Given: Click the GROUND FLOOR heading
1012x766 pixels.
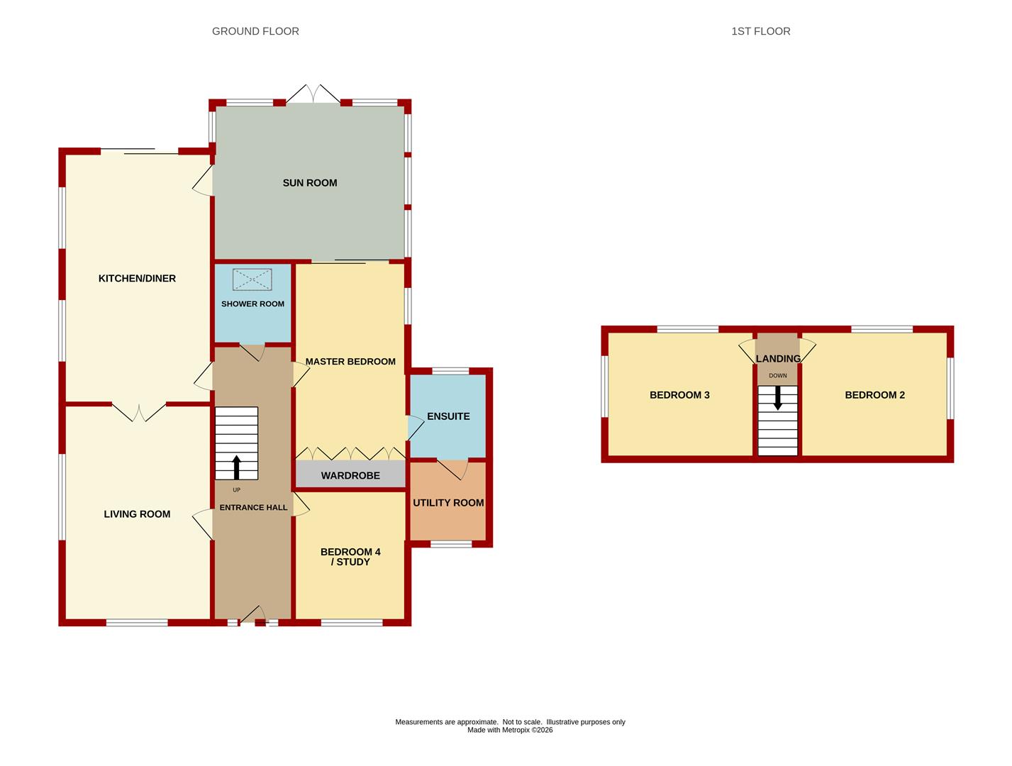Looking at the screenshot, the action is click(x=255, y=31).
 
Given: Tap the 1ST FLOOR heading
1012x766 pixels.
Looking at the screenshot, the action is click(x=761, y=31).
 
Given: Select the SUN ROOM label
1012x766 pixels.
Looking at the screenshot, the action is click(x=310, y=183).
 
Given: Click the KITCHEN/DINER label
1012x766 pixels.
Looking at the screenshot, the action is click(x=137, y=278).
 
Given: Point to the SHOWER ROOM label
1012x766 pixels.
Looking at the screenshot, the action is click(x=252, y=304).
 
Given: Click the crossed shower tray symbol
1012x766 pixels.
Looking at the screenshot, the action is click(x=252, y=279).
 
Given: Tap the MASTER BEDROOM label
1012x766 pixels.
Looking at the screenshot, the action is click(x=350, y=362).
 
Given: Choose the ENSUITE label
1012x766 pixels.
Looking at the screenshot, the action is click(x=448, y=416).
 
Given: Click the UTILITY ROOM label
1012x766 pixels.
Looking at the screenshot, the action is click(x=448, y=503).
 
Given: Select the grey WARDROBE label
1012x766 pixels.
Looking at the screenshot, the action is click(x=350, y=476).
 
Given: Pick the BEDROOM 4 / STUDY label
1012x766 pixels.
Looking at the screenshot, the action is click(x=350, y=557).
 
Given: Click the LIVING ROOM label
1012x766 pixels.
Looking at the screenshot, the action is click(x=137, y=514).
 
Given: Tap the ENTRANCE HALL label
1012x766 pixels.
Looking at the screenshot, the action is click(x=253, y=507).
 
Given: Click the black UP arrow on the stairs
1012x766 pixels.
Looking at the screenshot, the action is click(x=237, y=467).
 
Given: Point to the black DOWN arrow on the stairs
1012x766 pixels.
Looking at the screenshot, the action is click(x=777, y=398).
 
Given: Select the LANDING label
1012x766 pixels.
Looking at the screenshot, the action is click(x=778, y=359).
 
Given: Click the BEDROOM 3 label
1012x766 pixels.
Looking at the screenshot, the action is click(x=679, y=395).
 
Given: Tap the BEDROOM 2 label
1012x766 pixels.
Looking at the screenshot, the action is click(x=874, y=395).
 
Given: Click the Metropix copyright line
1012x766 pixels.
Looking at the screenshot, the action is click(x=510, y=730).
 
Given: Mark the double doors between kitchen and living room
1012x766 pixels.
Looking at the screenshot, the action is click(x=139, y=412).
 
